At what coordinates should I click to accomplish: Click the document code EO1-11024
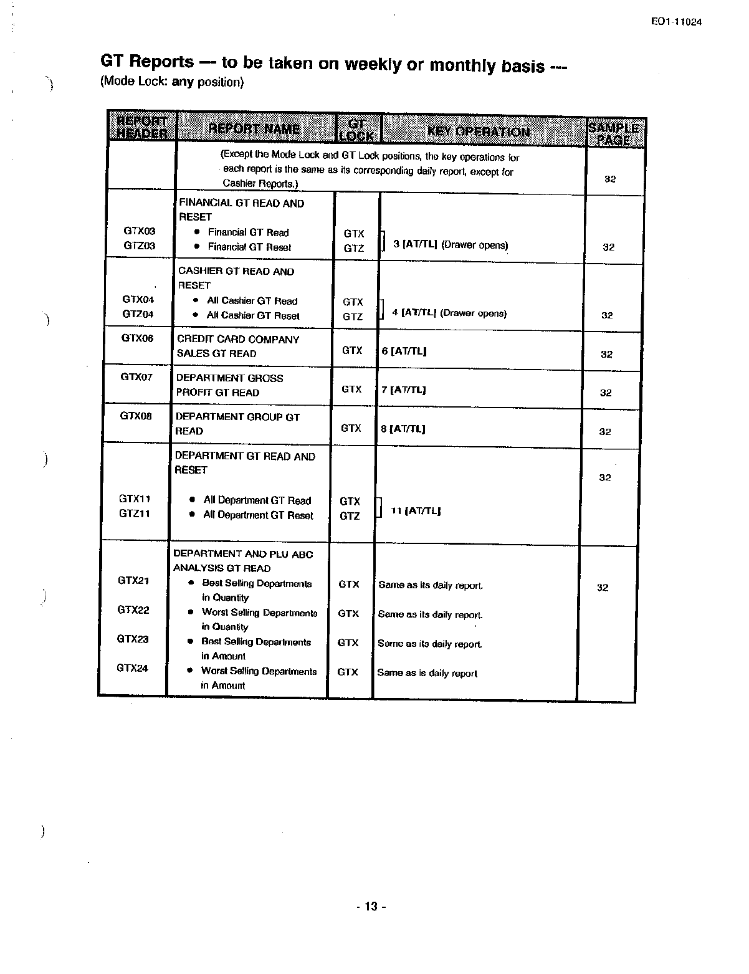point(676,22)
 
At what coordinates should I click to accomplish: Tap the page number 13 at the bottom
point(371,907)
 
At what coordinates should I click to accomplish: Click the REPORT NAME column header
point(254,129)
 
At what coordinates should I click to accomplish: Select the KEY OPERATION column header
point(479,131)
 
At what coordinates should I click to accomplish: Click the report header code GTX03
point(140,231)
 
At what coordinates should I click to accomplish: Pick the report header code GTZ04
point(138,314)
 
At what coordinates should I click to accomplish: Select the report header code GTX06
point(137,338)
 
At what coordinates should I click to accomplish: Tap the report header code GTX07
point(136,377)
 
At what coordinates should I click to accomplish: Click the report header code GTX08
point(136,416)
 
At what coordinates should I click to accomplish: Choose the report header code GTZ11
point(135,513)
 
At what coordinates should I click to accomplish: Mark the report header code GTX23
point(133,639)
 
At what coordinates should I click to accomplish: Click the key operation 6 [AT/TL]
point(404,351)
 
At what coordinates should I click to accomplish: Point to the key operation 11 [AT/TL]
point(416,511)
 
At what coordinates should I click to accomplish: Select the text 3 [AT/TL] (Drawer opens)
point(451,245)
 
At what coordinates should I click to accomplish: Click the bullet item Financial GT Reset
point(249,247)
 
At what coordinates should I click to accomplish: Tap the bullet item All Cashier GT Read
point(252,301)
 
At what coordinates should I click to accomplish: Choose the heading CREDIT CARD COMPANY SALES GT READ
point(238,346)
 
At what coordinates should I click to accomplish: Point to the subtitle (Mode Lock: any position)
point(172,82)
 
